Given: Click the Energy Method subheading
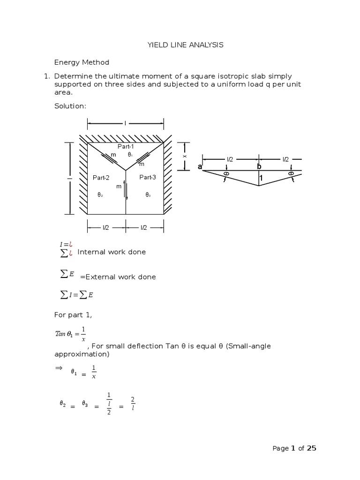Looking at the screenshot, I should (x=82, y=62).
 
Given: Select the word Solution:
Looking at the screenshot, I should (x=70, y=106).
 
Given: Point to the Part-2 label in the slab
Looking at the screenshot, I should (x=101, y=178).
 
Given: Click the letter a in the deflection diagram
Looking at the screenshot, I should (x=200, y=167).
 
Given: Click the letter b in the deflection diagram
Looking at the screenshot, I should (x=259, y=166).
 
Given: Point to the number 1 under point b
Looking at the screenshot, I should (x=261, y=178).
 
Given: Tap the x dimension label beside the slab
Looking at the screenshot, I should (x=185, y=156).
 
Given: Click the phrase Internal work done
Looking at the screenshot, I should (x=112, y=252).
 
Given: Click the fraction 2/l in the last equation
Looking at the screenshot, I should (x=133, y=403).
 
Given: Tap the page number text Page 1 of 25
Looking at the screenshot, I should (x=294, y=449).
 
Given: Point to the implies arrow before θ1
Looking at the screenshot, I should (x=59, y=369).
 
